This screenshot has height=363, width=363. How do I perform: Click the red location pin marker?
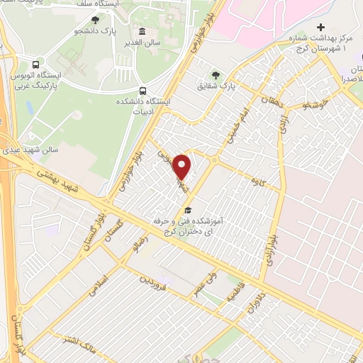tap(183, 167)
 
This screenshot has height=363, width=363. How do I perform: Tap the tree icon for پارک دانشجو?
tap(96, 20)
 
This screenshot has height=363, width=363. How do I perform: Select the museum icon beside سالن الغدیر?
tap(143, 32)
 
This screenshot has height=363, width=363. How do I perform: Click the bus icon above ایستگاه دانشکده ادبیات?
tap(143, 91)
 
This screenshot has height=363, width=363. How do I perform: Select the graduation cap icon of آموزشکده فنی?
tap(188, 210)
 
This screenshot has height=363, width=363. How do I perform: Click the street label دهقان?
tap(270, 104)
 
